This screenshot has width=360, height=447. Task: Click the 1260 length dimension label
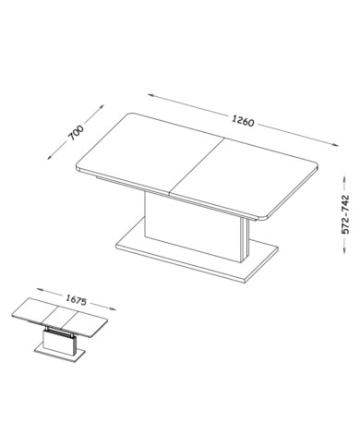[x=243, y=121]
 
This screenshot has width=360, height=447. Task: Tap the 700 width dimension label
[x=76, y=132]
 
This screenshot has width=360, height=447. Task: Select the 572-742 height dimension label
[x=346, y=214]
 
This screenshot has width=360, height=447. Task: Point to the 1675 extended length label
[x=76, y=300]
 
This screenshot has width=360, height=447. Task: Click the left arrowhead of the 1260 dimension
[x=150, y=95]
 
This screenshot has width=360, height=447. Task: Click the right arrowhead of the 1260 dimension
[x=335, y=144]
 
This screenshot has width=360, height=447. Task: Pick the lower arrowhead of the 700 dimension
[x=50, y=157]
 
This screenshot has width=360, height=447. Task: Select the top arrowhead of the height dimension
[x=344, y=179]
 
